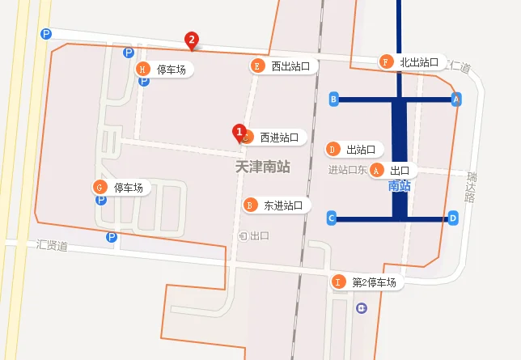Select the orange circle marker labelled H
pos(143,69)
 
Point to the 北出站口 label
pos(418,62)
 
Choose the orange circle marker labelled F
pos(386,62)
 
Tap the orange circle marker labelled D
pos(332,149)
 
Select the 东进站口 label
pos(283,205)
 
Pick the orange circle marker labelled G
pos(100,188)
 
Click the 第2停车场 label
pos(374,282)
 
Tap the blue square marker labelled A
pos(456,99)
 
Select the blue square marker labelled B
pos(333,99)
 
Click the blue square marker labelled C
pos(332,218)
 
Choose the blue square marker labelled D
pos(453,218)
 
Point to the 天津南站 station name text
pos(262,167)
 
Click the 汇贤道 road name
pos(52,244)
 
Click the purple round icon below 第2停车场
pos(362,307)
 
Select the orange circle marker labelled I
pos(339,282)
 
